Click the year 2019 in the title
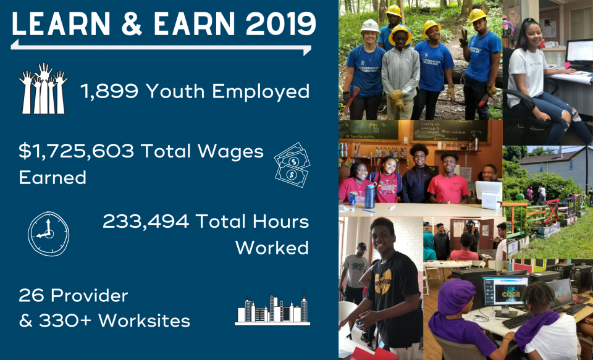[281, 24]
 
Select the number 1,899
[109, 92]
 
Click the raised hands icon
[43, 88]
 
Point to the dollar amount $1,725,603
[77, 152]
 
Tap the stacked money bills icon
[292, 164]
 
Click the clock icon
[48, 233]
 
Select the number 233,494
[146, 222]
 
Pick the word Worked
[272, 248]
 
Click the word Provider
[90, 296]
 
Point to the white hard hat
[370, 26]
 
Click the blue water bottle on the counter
[369, 196]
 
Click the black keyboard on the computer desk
[518, 321]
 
